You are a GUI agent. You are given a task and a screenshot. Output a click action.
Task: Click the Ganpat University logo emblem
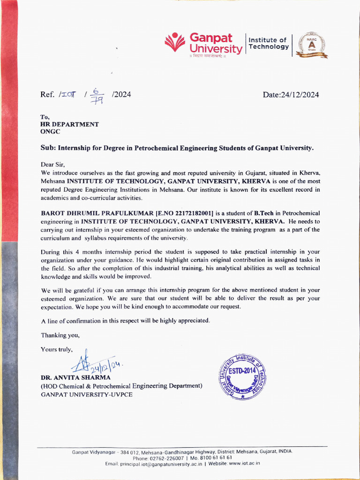(x=175, y=42)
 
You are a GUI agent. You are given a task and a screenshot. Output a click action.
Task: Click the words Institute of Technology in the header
(x=268, y=43)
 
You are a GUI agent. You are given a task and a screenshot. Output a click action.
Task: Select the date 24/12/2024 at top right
(x=291, y=95)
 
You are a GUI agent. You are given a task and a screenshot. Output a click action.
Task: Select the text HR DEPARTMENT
(x=69, y=124)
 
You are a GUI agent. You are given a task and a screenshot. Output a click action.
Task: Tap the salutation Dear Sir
(x=54, y=165)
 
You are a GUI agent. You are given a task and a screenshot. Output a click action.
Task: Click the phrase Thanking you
(x=60, y=335)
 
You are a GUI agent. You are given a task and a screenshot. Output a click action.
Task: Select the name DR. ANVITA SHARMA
(x=75, y=377)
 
